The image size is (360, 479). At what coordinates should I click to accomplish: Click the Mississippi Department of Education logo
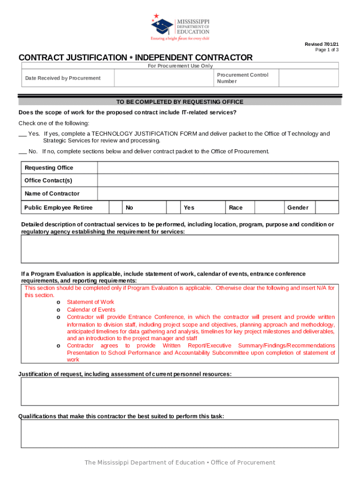(180, 27)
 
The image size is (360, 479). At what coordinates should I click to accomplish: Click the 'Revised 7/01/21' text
(322, 44)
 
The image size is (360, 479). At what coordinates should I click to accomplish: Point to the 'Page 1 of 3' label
(327, 50)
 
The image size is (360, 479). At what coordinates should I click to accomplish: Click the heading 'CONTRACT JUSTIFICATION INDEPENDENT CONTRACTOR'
(135, 58)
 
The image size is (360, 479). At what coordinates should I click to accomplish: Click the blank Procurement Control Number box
(309, 78)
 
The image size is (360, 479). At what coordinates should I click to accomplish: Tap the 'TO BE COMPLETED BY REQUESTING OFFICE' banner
(180, 102)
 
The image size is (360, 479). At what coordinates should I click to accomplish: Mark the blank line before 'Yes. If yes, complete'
(22, 134)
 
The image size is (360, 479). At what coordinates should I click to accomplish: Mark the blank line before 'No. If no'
(22, 152)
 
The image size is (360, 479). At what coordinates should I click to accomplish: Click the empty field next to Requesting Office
(218, 168)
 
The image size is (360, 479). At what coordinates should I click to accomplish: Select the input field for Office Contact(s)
(218, 181)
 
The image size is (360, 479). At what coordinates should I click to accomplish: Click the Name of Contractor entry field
(218, 194)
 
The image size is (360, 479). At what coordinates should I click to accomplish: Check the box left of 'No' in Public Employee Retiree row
(115, 208)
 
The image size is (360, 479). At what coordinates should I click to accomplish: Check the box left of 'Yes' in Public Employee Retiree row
(173, 208)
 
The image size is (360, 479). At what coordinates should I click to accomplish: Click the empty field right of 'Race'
(269, 208)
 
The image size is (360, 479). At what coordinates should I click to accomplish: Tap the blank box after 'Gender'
(327, 208)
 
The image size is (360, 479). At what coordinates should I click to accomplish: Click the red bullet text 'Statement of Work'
(90, 302)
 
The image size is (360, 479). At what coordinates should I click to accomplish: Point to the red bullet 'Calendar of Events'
(91, 310)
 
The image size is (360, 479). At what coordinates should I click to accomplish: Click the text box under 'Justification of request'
(180, 392)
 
